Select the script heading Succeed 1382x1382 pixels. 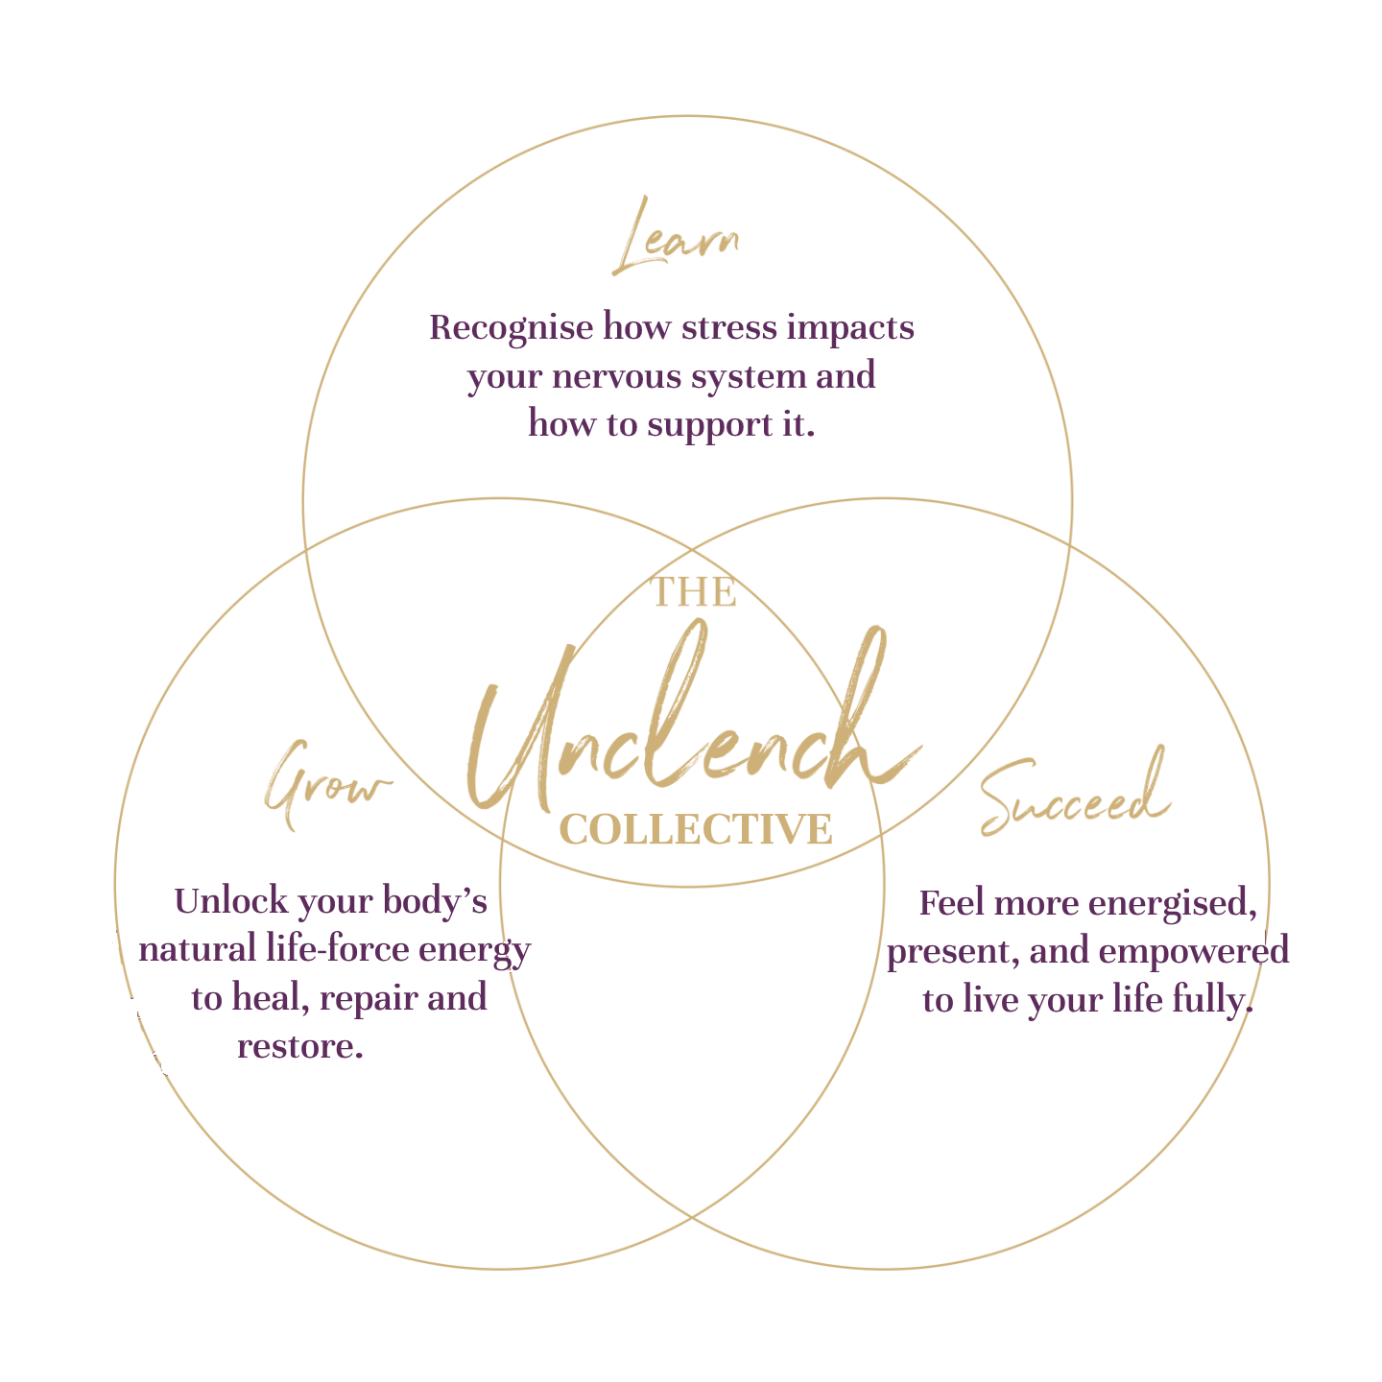point(1075,797)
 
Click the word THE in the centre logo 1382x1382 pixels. point(694,592)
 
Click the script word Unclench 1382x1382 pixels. point(691,729)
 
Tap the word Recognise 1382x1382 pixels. point(511,328)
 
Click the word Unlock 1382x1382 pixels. point(231,901)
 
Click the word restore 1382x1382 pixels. point(299,1046)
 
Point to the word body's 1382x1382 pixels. point(435,902)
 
